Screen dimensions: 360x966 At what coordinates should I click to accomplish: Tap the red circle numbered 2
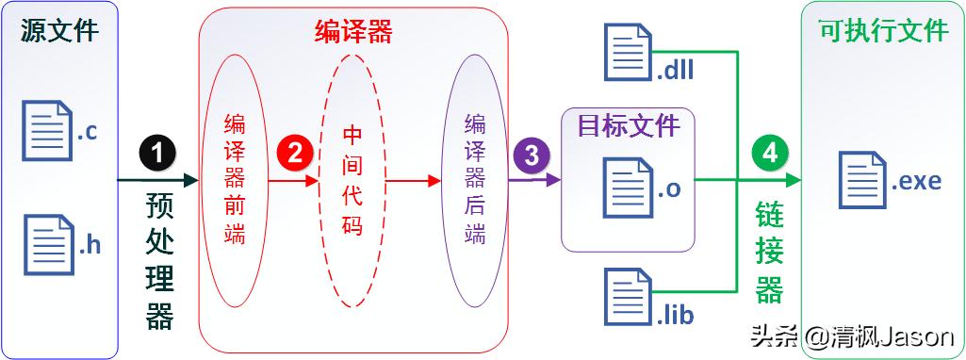(294, 153)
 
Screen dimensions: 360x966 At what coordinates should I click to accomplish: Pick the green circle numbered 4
(769, 154)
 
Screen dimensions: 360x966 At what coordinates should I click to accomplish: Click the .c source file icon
(47, 130)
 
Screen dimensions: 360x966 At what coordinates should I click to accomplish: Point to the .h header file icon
(47, 244)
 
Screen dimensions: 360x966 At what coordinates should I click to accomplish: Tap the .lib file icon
(629, 296)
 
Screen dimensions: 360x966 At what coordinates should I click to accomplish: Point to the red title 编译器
(352, 32)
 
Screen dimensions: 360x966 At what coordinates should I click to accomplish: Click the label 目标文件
(629, 123)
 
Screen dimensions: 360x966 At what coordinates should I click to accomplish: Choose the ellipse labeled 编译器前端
(235, 179)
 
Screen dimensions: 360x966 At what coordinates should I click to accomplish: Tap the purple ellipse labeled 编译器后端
(475, 179)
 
